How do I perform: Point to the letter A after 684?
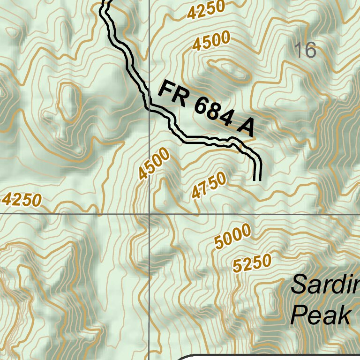245,127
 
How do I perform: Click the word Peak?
321,315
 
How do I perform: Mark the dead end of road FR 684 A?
257,179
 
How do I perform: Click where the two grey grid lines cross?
149,214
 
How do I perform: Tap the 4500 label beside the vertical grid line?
154,164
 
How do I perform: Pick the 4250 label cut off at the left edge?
22,200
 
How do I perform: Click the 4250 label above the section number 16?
206,10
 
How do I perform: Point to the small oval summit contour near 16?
231,69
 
